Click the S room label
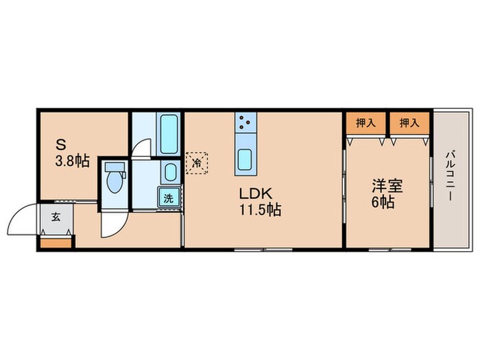(x=61, y=145)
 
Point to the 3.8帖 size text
(x=72, y=161)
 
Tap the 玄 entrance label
(x=54, y=219)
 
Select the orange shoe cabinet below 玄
(x=56, y=241)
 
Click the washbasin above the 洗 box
(x=169, y=172)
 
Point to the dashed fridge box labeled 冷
(x=196, y=163)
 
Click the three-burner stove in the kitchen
(x=244, y=124)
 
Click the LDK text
(x=252, y=193)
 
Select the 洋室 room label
(x=386, y=184)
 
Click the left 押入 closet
(x=365, y=123)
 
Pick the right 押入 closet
(x=409, y=123)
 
